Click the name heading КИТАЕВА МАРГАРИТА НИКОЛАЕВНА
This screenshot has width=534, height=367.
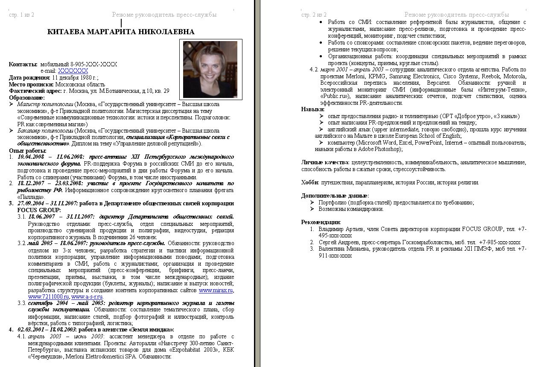[x=121, y=32]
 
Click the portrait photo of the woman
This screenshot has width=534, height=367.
[x=210, y=68]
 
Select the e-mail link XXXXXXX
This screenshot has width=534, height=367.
[x=73, y=71]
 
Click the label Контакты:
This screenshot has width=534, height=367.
[x=23, y=64]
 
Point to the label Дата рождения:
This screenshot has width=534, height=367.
[x=29, y=78]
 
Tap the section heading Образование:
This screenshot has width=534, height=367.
[x=26, y=98]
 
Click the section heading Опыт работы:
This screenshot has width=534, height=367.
[x=28, y=151]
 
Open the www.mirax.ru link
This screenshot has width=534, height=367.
[x=216, y=290]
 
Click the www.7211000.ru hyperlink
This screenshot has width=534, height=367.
[x=48, y=296]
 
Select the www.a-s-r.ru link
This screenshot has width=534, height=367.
[x=87, y=296]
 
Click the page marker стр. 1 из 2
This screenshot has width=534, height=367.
[x=21, y=15]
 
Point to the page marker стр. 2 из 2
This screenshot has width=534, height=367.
[x=314, y=15]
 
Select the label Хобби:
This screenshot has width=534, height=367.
[x=310, y=183]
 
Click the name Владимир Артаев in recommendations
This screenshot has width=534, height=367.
[x=339, y=229]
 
